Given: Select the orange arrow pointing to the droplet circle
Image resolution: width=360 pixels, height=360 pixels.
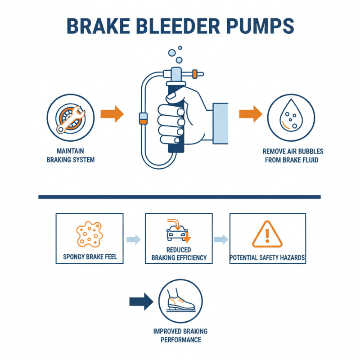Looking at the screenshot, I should (x=250, y=114).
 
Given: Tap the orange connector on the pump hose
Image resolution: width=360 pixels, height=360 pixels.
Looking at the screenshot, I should (x=143, y=118).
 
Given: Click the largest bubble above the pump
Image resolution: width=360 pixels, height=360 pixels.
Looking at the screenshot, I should (x=179, y=60).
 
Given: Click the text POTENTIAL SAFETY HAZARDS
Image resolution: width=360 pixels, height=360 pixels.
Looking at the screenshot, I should (x=267, y=258).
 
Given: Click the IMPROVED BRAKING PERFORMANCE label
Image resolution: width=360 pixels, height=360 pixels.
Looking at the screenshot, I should (x=180, y=336).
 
